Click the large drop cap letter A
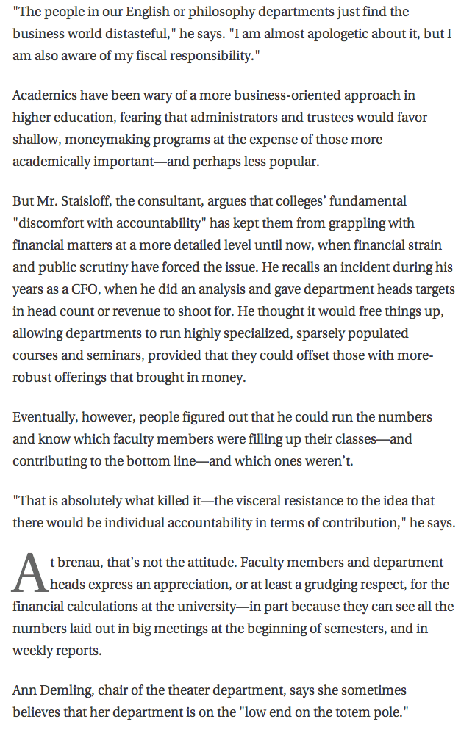(30, 573)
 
